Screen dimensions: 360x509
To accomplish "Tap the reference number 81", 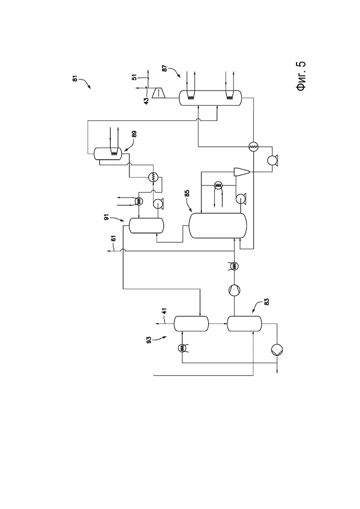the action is point(75,78).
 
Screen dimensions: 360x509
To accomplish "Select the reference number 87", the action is point(165,69).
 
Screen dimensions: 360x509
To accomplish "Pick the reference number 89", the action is point(134,134).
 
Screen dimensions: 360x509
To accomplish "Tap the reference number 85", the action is point(187,193).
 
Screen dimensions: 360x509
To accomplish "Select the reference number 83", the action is point(267,301).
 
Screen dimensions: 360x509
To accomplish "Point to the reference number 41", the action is point(165,312).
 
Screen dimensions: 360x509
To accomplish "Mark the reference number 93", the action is point(149,340).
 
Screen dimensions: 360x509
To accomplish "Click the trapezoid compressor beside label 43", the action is point(159,93).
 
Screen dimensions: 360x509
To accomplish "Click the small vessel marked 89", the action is point(108,154).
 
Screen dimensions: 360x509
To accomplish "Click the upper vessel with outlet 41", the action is point(191,323).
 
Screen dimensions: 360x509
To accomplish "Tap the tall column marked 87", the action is point(210,98).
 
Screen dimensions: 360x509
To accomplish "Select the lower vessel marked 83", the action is point(244,323).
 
